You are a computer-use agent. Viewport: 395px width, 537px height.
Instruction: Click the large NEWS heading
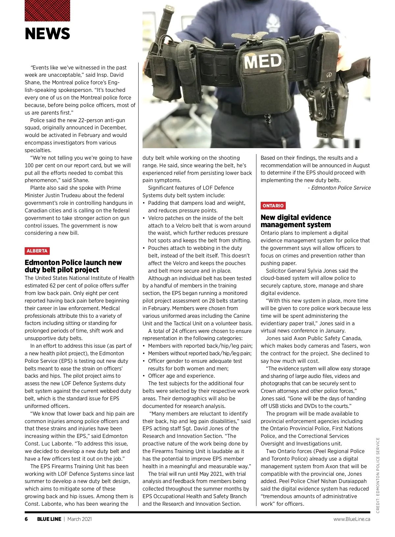[x=47, y=34]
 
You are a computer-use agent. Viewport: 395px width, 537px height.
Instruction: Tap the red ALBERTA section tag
[x=37, y=251]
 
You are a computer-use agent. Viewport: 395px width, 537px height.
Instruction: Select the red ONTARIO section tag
[x=273, y=206]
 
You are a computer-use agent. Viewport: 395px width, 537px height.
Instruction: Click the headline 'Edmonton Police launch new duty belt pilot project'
[x=73, y=266]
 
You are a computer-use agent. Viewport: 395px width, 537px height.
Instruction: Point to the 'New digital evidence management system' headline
[x=296, y=221]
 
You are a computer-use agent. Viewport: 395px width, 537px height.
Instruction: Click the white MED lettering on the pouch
[x=263, y=61]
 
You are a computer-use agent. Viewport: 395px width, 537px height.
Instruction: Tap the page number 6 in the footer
[x=26, y=519]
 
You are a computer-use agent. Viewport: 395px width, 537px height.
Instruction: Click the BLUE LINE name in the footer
[x=49, y=519]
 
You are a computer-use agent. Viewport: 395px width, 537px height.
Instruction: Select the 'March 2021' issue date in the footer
[x=80, y=519]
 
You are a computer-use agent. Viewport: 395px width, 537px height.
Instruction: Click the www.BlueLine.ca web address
[x=352, y=519]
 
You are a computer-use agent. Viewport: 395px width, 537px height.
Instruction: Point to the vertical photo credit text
[x=378, y=475]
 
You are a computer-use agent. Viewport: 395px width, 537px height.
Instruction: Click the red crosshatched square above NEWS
[x=47, y=11]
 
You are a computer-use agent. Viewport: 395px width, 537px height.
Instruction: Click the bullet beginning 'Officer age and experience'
[x=181, y=376]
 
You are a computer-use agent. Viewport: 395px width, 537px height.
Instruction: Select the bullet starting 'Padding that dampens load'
[x=197, y=203]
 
